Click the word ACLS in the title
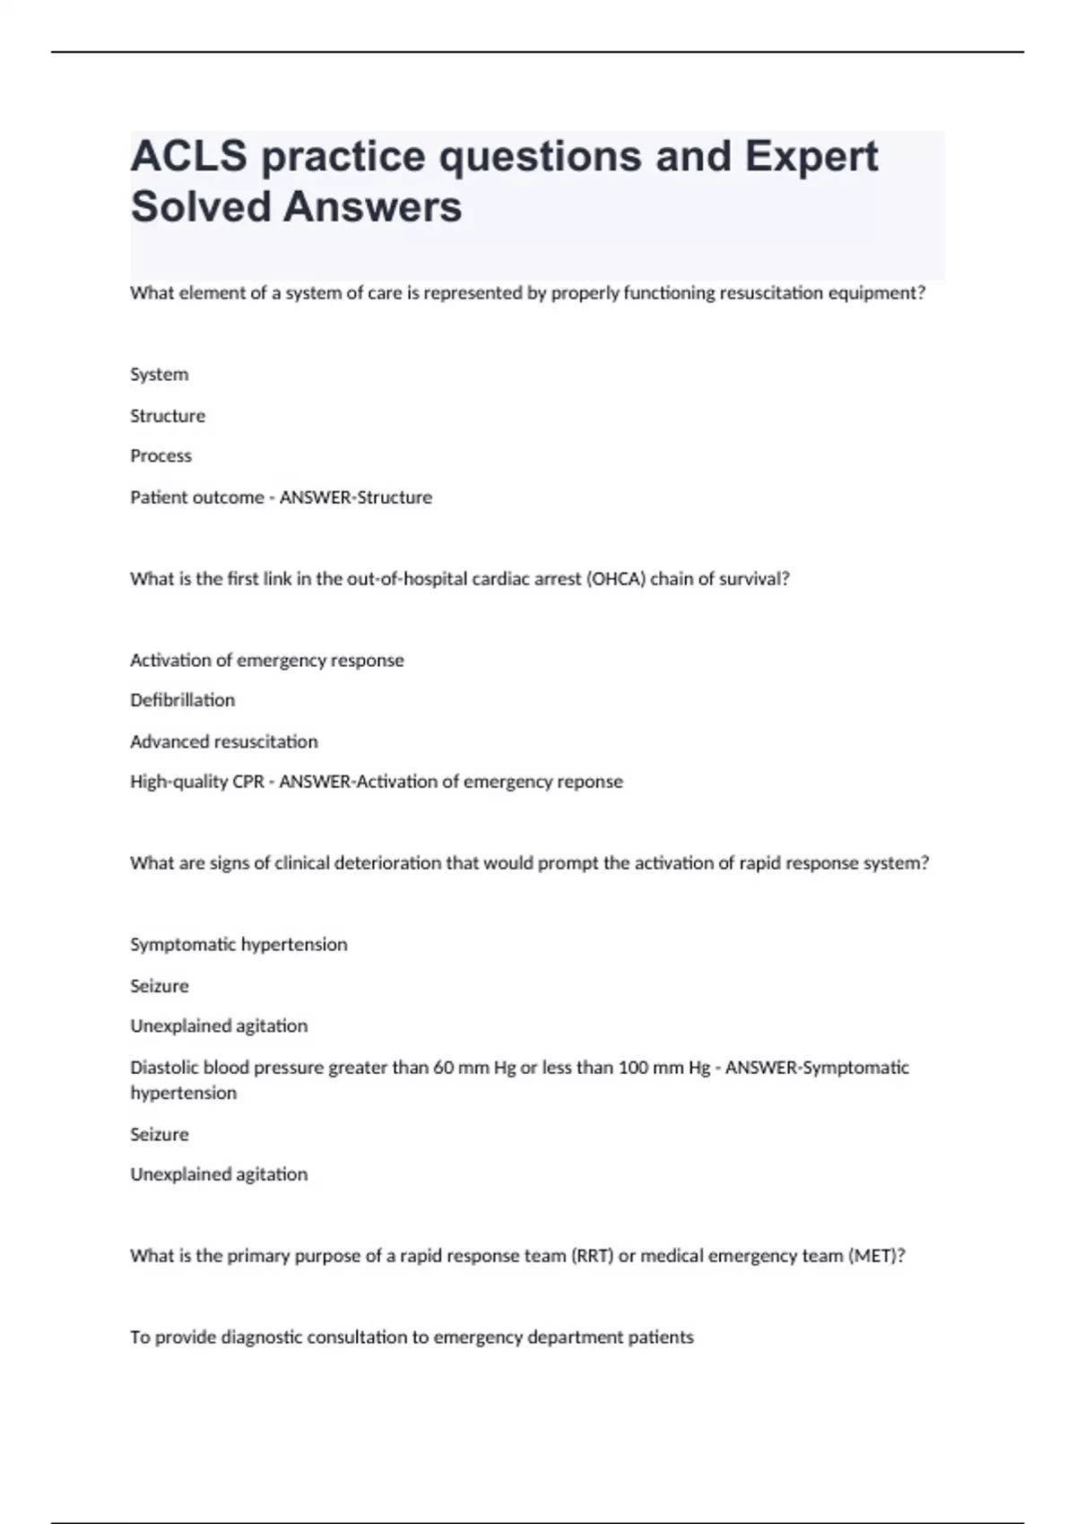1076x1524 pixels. click(188, 157)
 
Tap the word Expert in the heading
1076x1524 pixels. click(811, 157)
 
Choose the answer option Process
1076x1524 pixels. click(161, 456)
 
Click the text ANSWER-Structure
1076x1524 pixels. click(356, 498)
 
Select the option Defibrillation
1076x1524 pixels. click(182, 700)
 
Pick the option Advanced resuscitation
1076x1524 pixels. click(223, 741)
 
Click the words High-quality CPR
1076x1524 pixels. click(196, 782)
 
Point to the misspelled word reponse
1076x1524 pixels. click(590, 782)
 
